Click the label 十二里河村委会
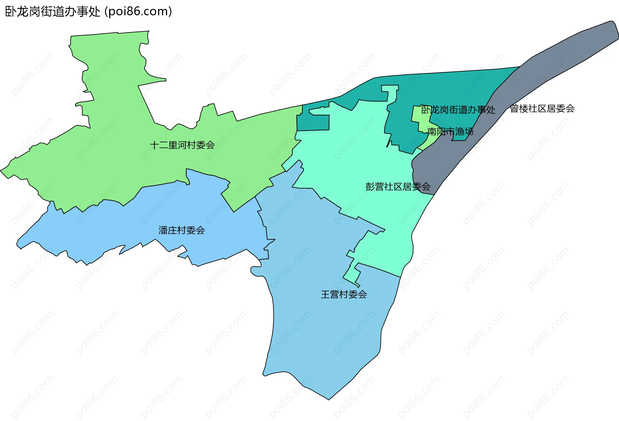[182, 145]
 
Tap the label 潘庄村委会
[182, 230]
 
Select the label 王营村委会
[344, 294]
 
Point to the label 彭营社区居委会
[398, 187]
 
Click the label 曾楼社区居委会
[542, 108]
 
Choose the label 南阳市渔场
[450, 131]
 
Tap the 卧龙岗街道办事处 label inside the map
[458, 110]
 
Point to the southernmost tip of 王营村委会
[329, 399]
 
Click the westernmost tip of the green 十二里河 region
[2, 170]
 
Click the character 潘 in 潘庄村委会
[163, 230]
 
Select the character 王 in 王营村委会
[325, 294]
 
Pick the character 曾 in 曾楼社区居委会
[514, 108]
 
